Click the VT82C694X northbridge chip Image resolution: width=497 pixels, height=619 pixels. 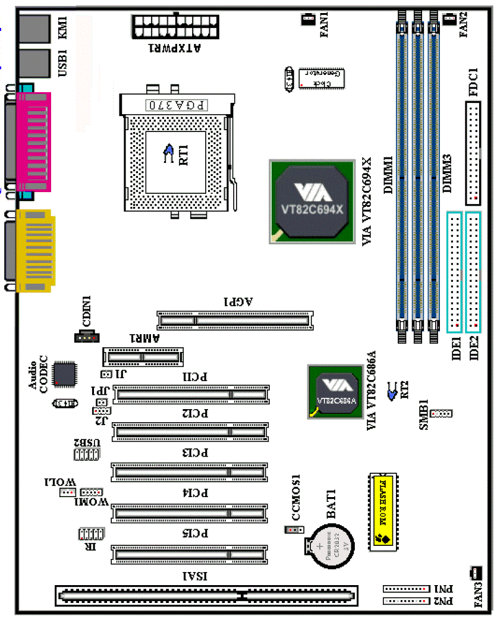coord(312,200)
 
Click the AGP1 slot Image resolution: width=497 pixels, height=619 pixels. coord(234,321)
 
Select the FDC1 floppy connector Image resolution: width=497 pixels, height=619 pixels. coord(473,153)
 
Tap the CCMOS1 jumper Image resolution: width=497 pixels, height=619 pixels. coord(295,530)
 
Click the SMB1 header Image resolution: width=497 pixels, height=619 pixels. coord(441,413)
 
